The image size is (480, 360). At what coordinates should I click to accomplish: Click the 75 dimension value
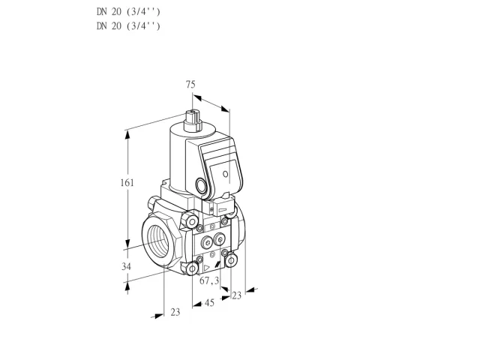tap(190, 84)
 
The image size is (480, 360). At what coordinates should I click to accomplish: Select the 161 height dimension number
tap(127, 183)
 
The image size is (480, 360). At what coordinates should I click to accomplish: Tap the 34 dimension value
tap(126, 267)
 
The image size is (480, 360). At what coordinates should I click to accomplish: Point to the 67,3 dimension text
tap(209, 280)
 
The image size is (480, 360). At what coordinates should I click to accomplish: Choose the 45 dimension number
tap(209, 303)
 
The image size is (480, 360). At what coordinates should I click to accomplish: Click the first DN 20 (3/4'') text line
tap(128, 12)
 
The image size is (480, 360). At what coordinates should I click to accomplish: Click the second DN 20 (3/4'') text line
tap(128, 26)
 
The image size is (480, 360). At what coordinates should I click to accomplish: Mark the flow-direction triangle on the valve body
tap(207, 268)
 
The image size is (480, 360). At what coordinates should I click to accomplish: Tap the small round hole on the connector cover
tap(225, 174)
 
